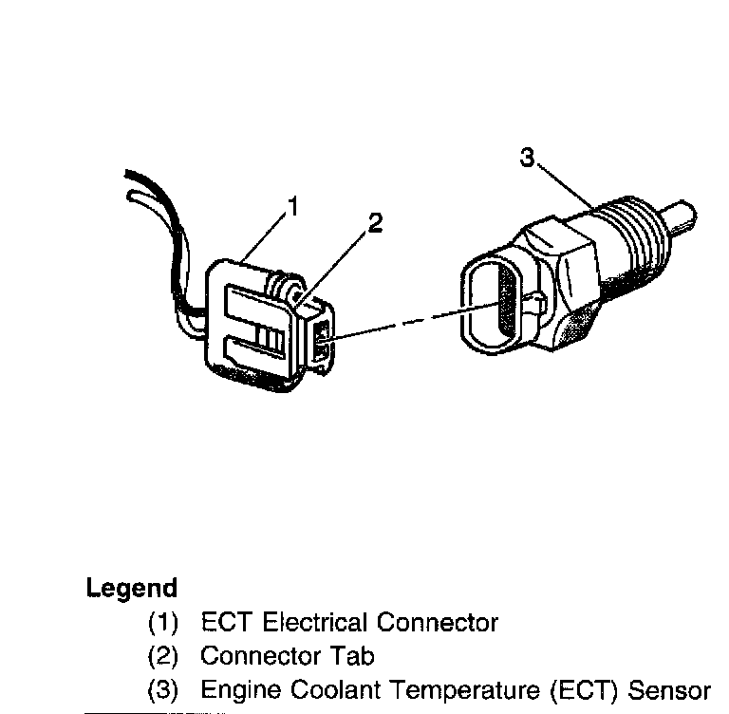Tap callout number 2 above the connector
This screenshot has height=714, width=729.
click(x=375, y=224)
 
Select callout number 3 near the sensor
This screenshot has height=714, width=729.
click(x=528, y=159)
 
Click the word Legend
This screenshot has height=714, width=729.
click(x=132, y=588)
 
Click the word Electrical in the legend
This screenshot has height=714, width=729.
click(x=315, y=623)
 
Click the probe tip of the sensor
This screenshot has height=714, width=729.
click(x=681, y=215)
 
